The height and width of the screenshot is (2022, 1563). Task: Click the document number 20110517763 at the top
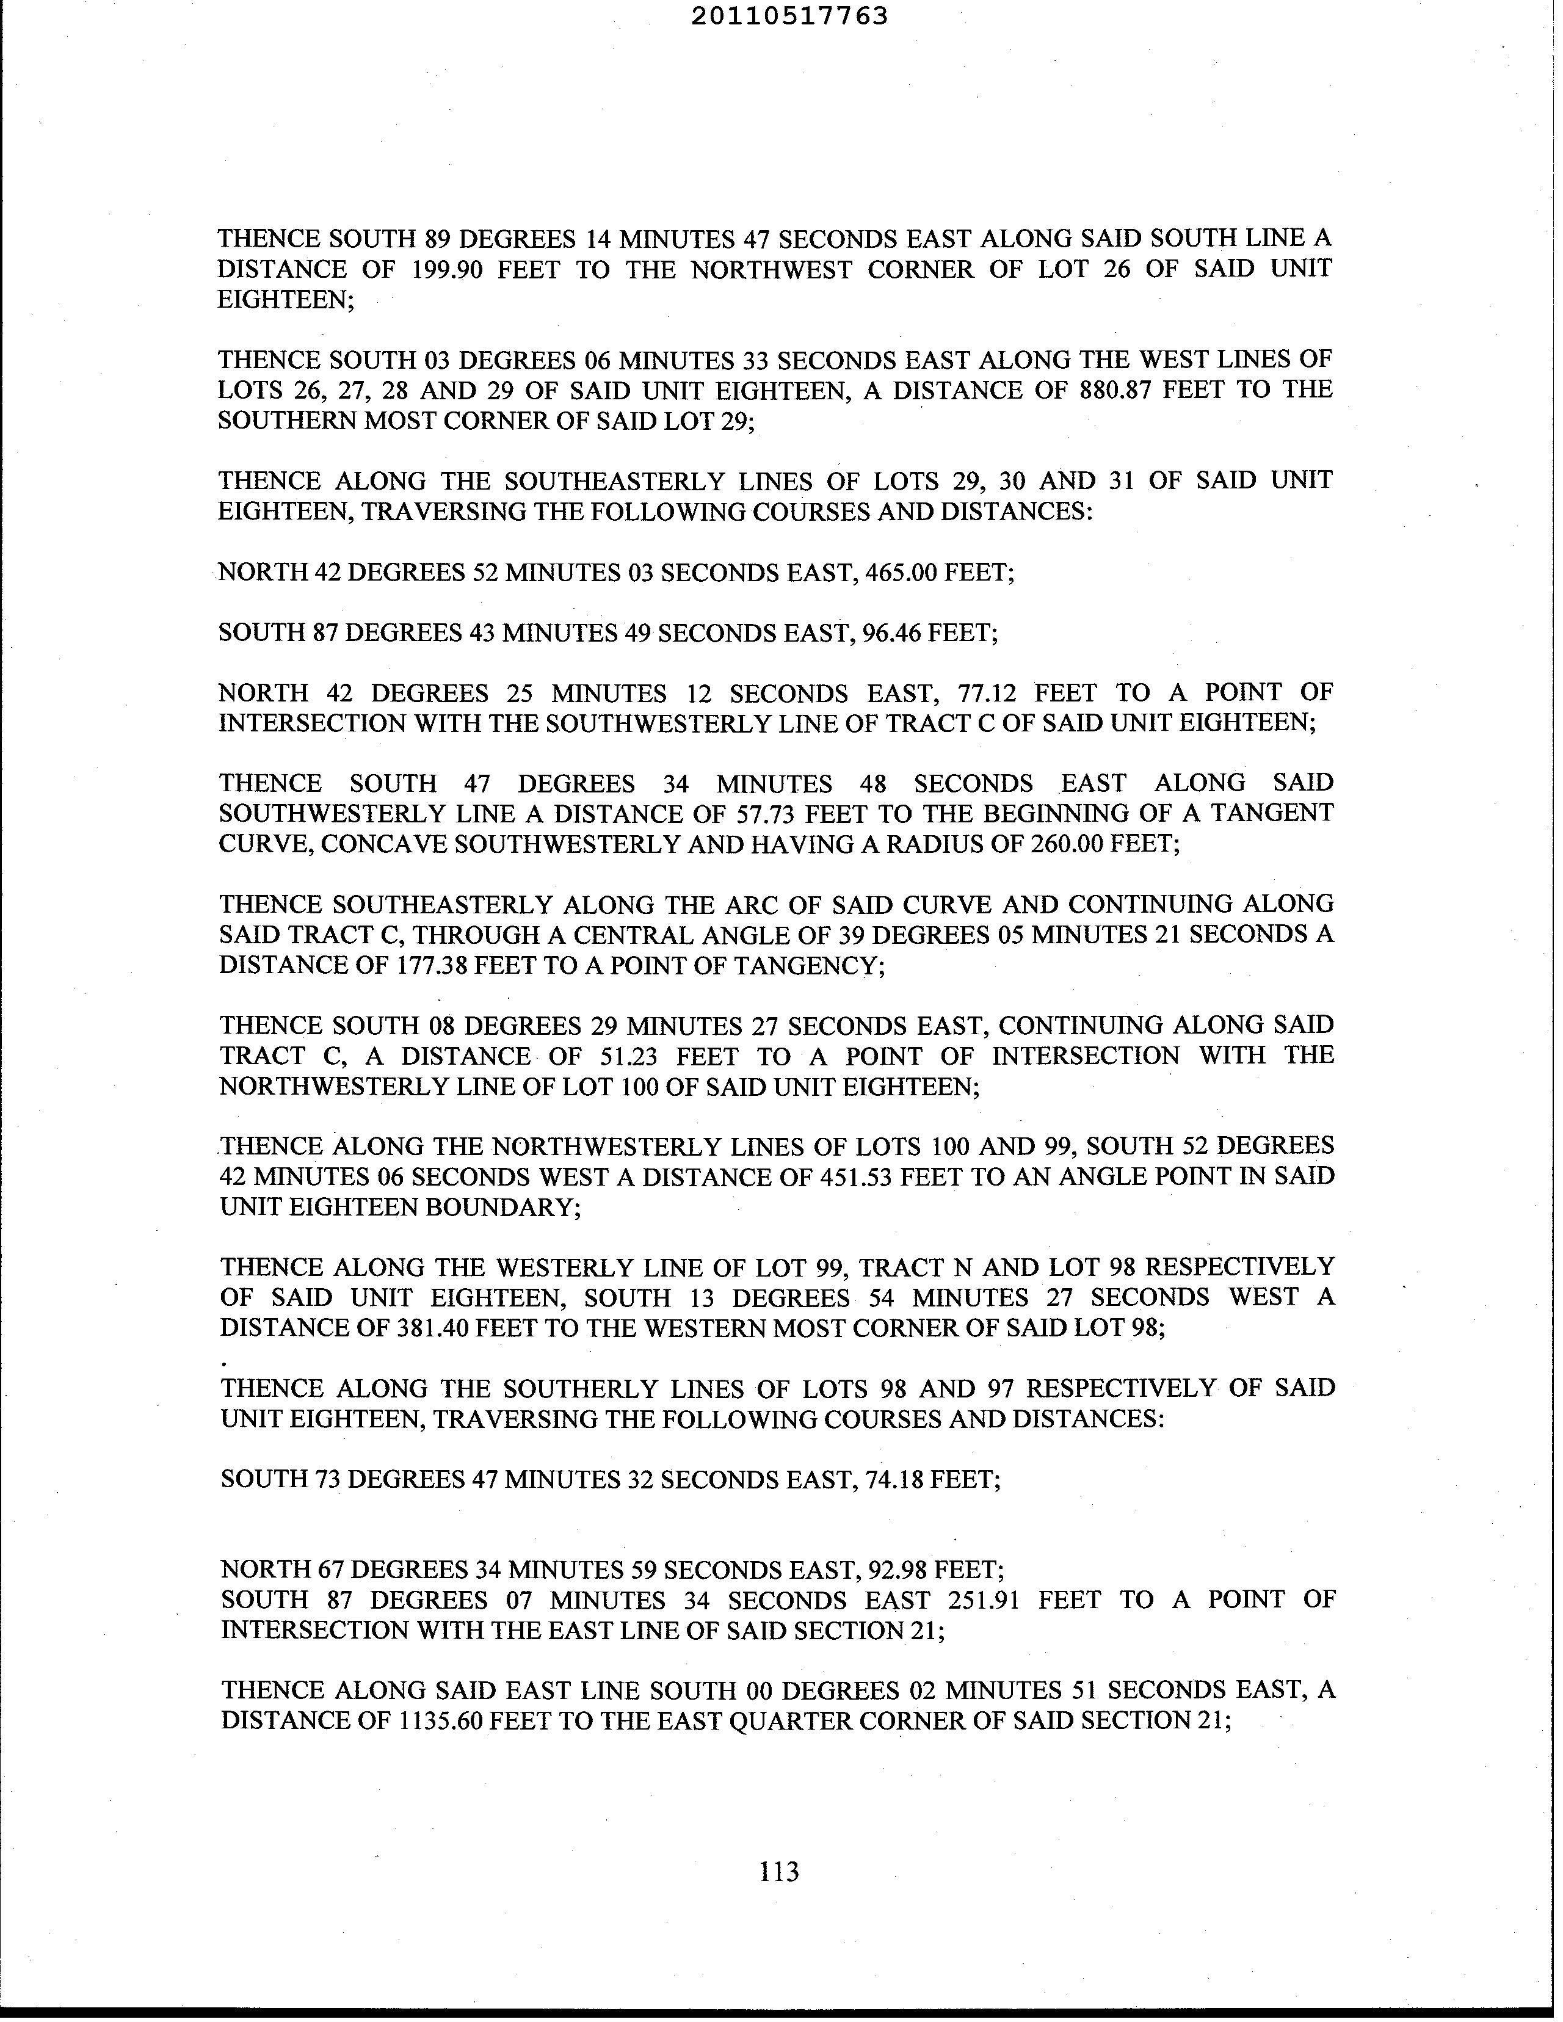[x=790, y=16]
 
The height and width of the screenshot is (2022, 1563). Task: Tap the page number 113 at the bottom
[x=778, y=1871]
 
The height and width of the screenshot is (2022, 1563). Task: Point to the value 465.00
[x=899, y=572]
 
